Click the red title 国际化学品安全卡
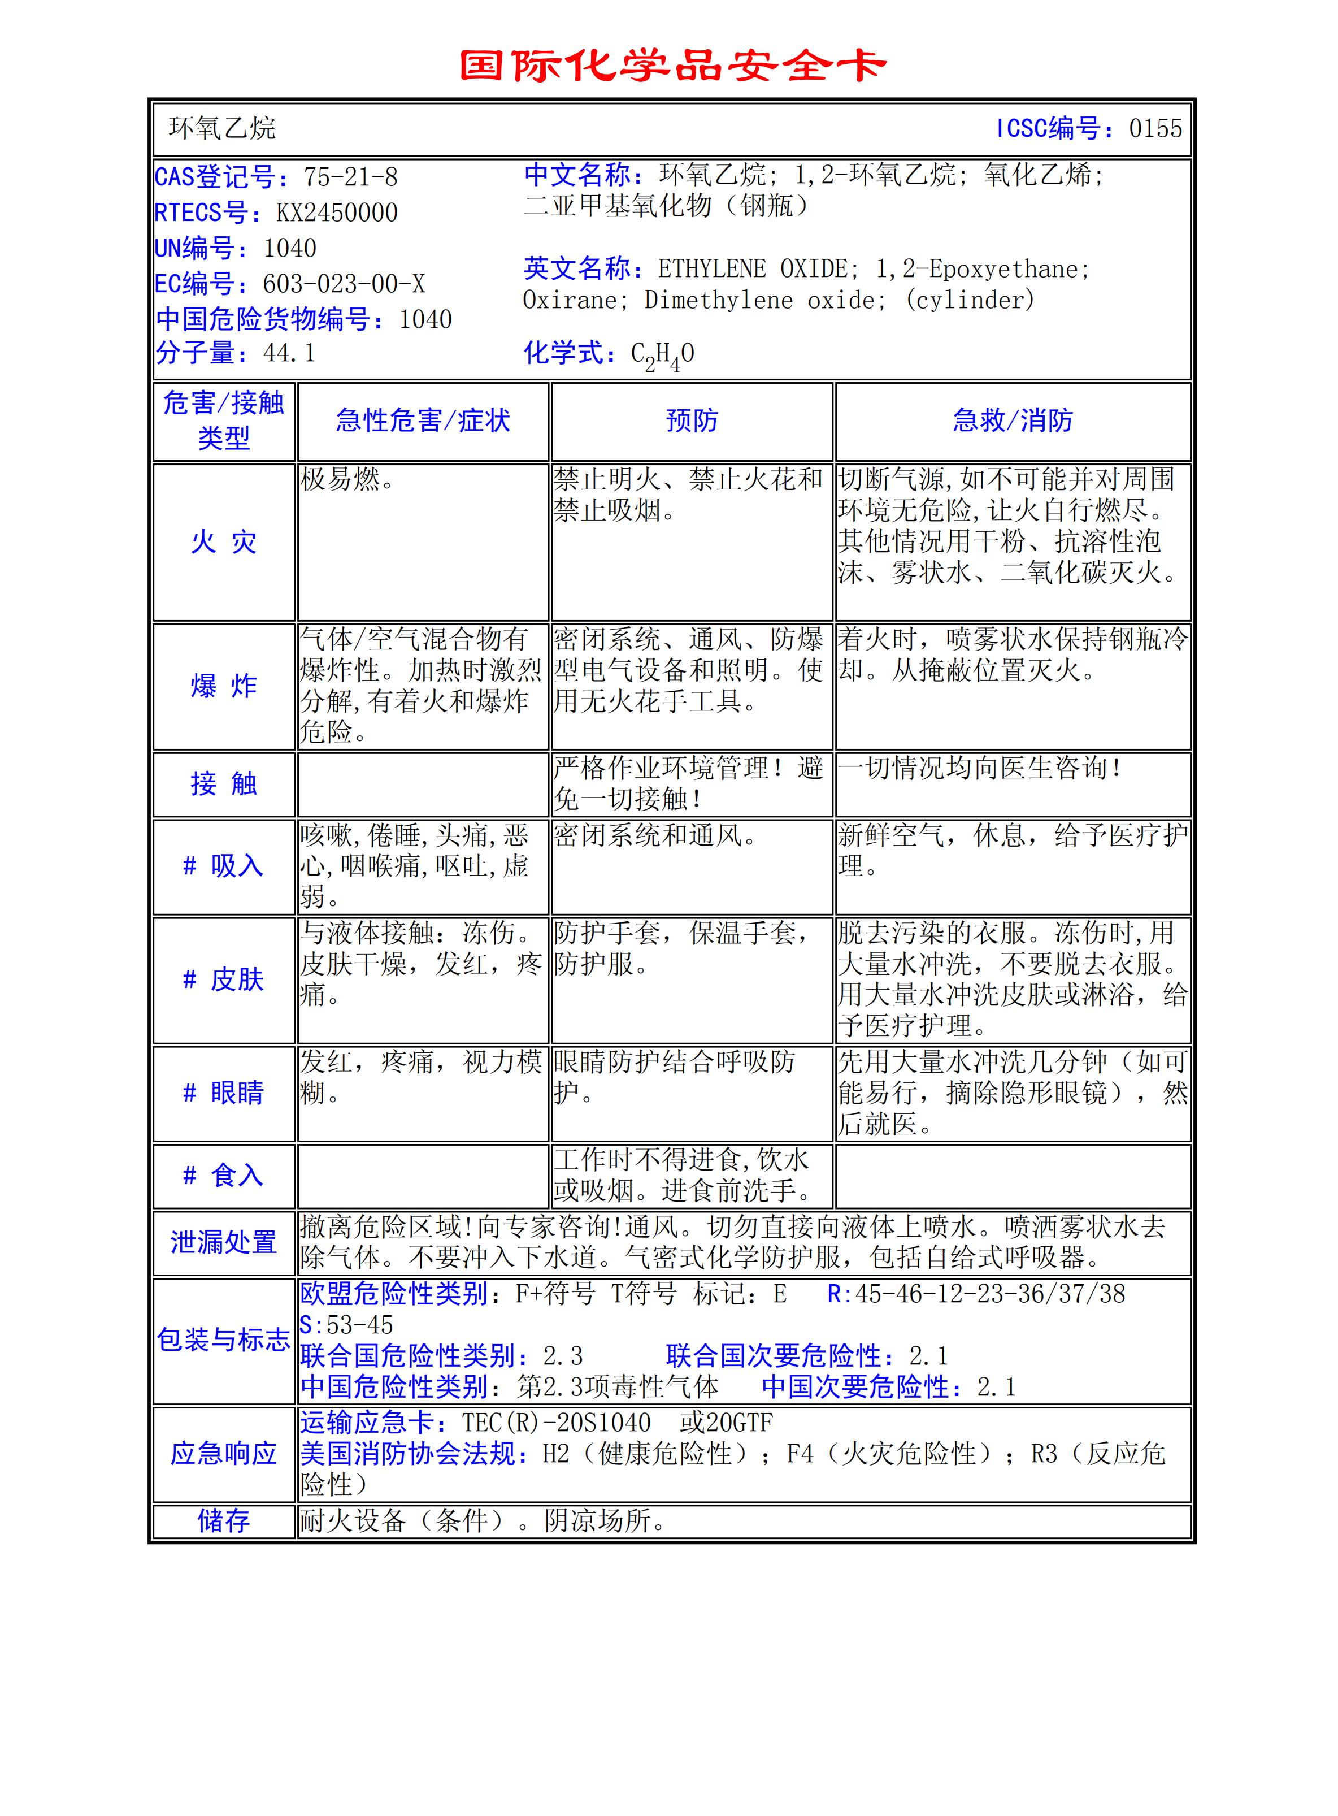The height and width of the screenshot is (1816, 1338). tap(672, 65)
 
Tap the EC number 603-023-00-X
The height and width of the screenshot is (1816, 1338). tap(344, 284)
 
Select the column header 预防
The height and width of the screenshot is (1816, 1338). tap(692, 421)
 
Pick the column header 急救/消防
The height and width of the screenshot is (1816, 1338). tap(1013, 421)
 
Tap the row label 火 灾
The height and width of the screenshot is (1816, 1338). tap(224, 542)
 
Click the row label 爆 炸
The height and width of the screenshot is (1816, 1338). tap(224, 686)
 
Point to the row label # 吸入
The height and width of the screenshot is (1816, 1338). tap(224, 866)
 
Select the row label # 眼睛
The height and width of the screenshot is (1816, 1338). tap(224, 1093)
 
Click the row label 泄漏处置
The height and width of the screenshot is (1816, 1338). tap(224, 1242)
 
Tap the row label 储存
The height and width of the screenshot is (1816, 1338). tap(224, 1520)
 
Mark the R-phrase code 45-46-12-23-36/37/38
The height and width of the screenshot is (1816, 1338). tap(990, 1294)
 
